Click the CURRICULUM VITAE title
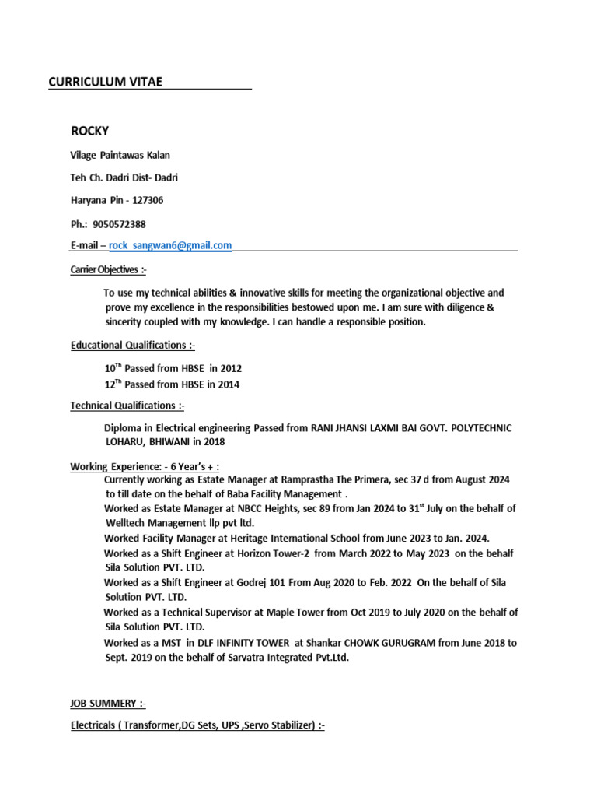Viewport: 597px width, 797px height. point(106,82)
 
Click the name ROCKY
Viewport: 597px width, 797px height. point(90,130)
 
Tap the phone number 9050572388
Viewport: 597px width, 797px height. point(119,223)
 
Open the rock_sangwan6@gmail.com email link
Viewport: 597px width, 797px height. point(170,245)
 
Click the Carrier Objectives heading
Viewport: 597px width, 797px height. point(108,269)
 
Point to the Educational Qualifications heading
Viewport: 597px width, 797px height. point(138,345)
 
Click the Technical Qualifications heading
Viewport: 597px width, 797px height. point(127,406)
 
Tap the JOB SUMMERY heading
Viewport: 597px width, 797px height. point(108,704)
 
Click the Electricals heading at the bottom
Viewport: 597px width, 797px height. point(197,725)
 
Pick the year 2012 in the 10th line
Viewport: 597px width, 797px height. point(231,368)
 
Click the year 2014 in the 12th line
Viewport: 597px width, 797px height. point(229,384)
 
